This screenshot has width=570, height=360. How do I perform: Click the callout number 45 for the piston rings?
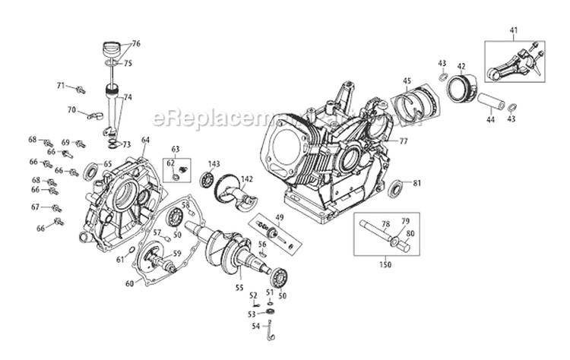(x=407, y=81)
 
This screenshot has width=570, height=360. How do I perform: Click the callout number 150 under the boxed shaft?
(x=385, y=264)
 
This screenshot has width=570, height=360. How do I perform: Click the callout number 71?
(x=61, y=86)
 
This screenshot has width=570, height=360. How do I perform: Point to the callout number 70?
(x=71, y=110)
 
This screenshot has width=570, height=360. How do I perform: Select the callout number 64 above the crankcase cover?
(x=145, y=140)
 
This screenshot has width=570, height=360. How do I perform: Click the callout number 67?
(x=35, y=207)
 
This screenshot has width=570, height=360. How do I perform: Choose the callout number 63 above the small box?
(x=176, y=149)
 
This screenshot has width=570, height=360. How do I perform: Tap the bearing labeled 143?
(x=207, y=181)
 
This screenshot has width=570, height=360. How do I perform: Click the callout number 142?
(x=247, y=179)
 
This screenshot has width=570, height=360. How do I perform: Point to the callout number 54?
(x=255, y=327)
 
